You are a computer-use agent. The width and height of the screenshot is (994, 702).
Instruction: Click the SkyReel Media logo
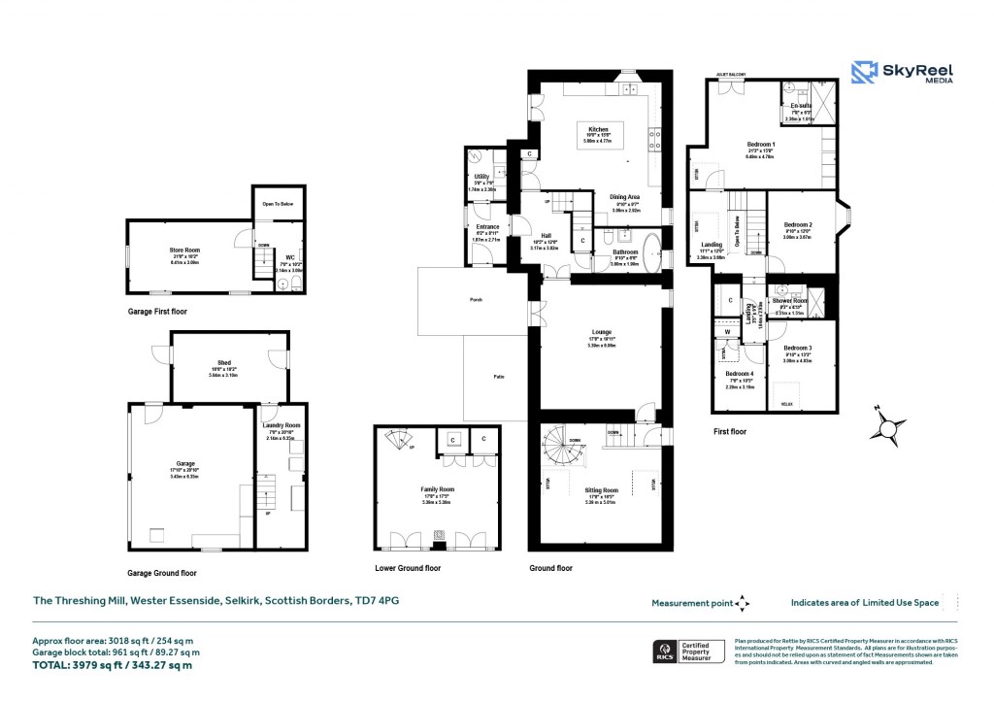[x=901, y=75]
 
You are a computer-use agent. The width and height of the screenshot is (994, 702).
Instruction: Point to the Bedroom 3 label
[x=797, y=348]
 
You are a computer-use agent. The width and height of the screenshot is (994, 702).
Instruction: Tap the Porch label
[x=475, y=300]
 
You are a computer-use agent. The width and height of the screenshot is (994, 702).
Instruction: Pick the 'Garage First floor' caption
[x=157, y=312]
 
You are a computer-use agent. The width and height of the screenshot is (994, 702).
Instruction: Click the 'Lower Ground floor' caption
[x=408, y=568]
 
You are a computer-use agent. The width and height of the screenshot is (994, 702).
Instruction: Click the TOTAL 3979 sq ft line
[x=113, y=665]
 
